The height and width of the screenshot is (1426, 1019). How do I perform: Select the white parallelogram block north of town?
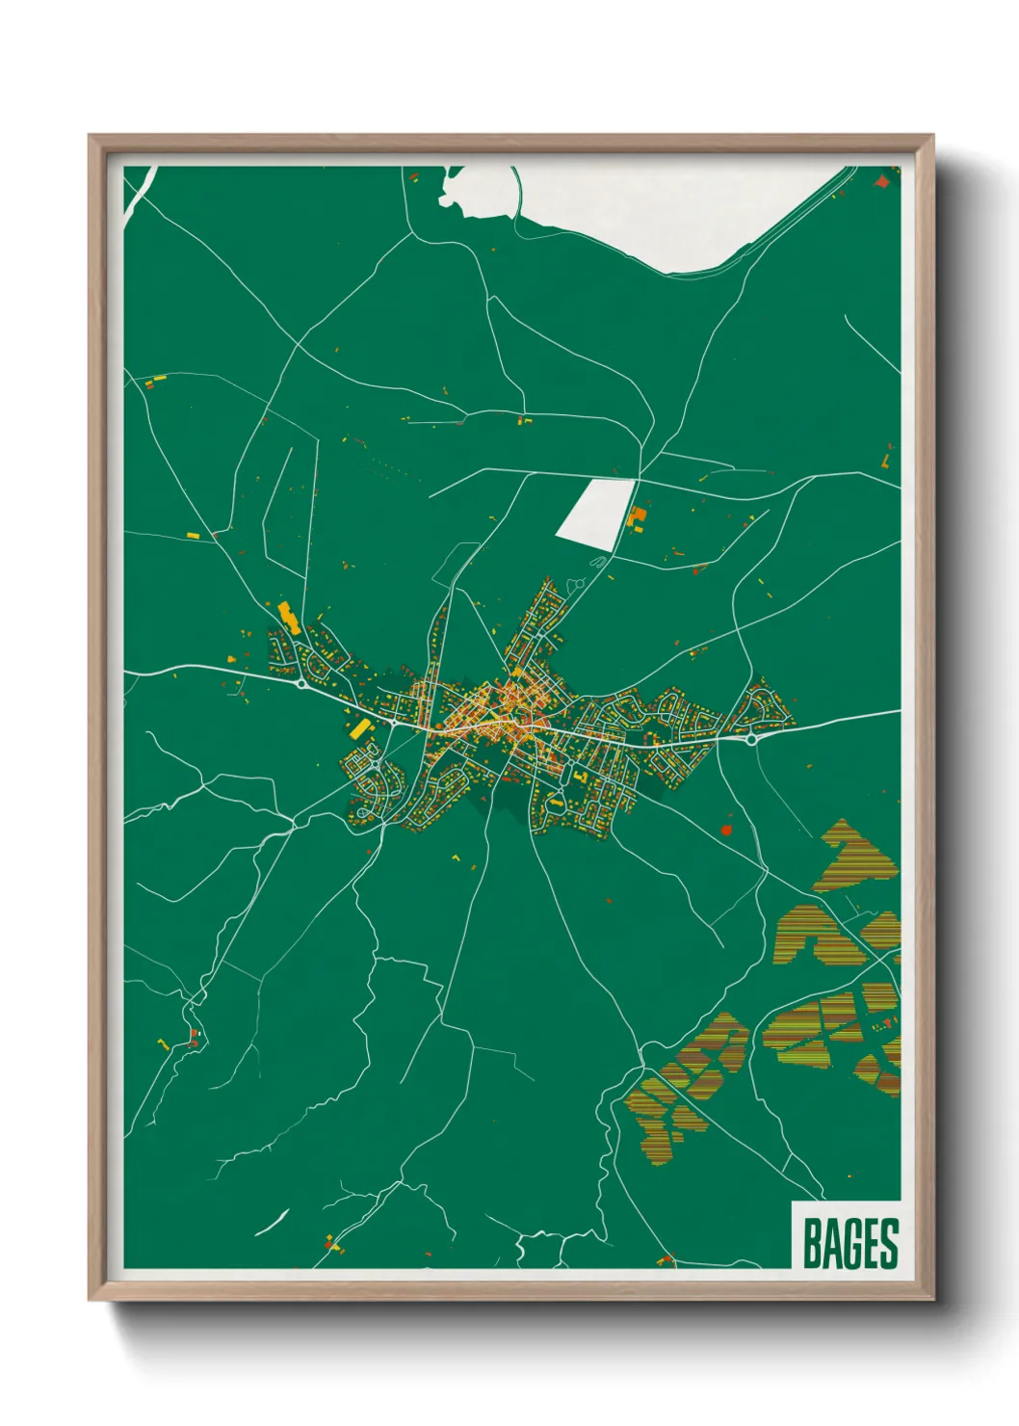(x=595, y=514)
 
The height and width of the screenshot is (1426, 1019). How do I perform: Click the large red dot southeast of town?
(x=726, y=828)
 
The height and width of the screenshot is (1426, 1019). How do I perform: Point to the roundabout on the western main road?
(x=302, y=683)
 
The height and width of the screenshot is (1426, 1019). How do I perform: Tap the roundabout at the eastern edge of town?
(x=749, y=740)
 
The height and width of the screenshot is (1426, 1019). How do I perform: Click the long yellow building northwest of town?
(x=288, y=617)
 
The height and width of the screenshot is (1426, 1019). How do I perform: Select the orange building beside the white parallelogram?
(x=636, y=518)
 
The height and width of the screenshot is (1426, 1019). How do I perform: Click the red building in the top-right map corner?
(x=881, y=180)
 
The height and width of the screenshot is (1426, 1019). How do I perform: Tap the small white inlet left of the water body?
(x=453, y=189)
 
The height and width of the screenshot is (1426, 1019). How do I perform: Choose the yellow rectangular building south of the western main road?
(x=359, y=729)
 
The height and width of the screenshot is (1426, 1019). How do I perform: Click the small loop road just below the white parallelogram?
(x=578, y=583)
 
